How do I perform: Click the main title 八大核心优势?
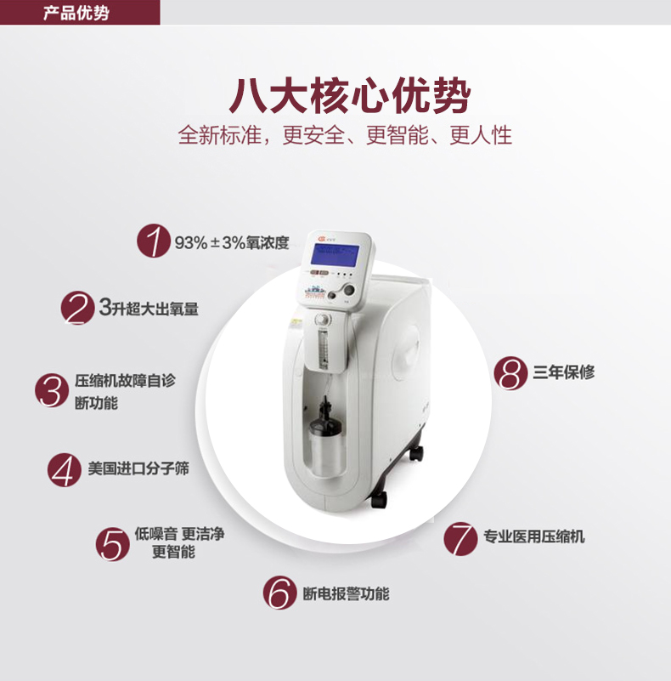[349, 95]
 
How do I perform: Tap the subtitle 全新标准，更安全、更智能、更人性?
[345, 135]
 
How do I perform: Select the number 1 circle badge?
[154, 242]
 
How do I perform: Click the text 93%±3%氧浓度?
[232, 242]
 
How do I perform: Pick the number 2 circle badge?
[77, 308]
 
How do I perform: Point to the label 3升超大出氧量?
[149, 308]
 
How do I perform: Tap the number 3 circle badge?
[52, 391]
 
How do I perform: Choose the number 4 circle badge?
[64, 468]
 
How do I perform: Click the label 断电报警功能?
[346, 593]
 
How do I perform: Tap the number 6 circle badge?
[279, 593]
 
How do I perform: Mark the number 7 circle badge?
[460, 537]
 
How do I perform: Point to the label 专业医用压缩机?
[533, 536]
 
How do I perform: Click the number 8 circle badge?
[510, 372]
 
